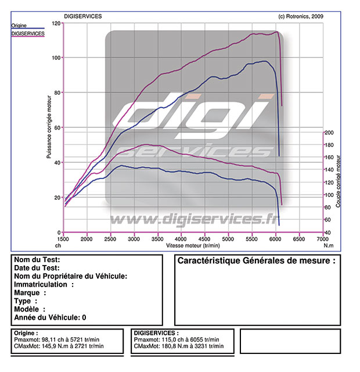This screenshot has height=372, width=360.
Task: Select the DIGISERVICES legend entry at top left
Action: (x=28, y=34)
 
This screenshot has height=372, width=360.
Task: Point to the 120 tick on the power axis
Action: (x=56, y=23)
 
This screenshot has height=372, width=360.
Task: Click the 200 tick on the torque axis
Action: (x=330, y=133)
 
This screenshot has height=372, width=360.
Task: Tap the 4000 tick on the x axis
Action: (x=181, y=239)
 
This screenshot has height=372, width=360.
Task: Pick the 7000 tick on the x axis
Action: (x=322, y=239)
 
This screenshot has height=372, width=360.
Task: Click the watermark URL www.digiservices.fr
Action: (x=192, y=219)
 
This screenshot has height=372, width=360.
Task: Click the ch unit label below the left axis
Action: (x=59, y=245)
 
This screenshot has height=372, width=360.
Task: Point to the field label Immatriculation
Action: (x=43, y=285)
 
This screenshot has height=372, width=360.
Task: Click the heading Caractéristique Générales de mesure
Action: (x=256, y=261)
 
